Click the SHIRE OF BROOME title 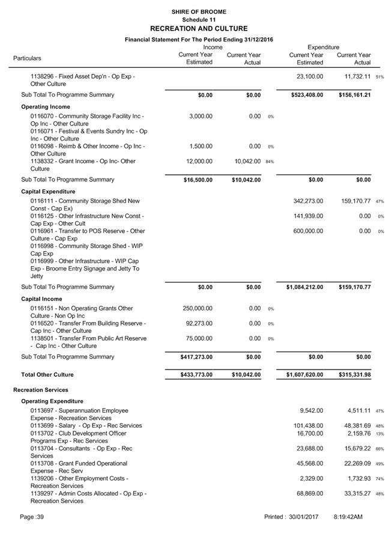click(x=198, y=11)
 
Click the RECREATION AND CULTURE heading click(x=198, y=28)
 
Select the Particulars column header click(x=28, y=58)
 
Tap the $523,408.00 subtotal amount click(x=303, y=95)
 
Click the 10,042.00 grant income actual click(x=247, y=161)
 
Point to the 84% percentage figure click(x=270, y=162)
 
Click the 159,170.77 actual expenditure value click(x=354, y=201)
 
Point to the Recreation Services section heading click(x=41, y=390)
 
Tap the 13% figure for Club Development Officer click(x=380, y=434)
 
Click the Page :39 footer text click(x=32, y=517)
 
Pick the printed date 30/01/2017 click(x=303, y=517)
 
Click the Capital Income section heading click(x=41, y=299)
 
